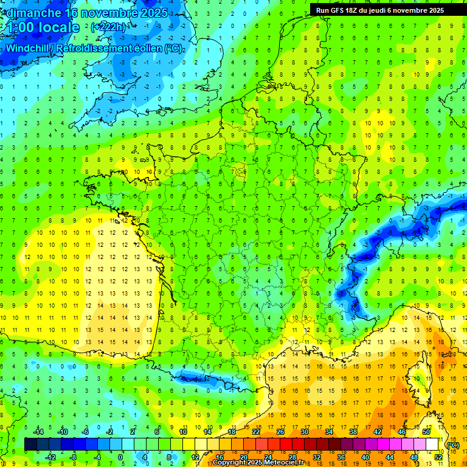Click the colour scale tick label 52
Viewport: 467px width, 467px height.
click(x=438, y=457)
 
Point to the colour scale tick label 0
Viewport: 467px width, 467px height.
click(x=120, y=457)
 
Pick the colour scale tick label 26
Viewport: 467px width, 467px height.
click(x=280, y=432)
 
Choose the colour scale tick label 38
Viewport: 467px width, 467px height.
click(x=353, y=432)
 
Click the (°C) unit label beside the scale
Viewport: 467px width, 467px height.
click(x=452, y=445)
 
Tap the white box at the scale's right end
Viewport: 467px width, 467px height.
click(x=432, y=445)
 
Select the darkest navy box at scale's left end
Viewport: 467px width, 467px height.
click(x=30, y=445)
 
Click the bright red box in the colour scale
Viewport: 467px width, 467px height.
click(x=286, y=445)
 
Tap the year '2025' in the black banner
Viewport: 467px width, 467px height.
click(x=434, y=10)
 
